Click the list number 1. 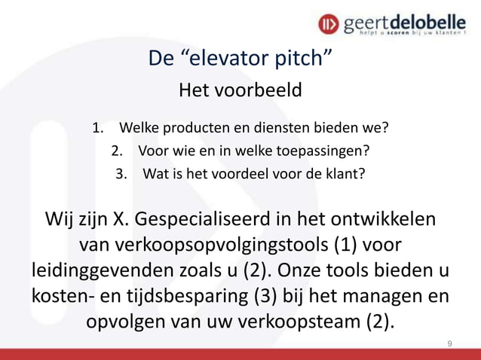click(x=97, y=126)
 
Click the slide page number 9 click(x=449, y=344)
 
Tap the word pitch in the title click(x=308, y=58)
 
